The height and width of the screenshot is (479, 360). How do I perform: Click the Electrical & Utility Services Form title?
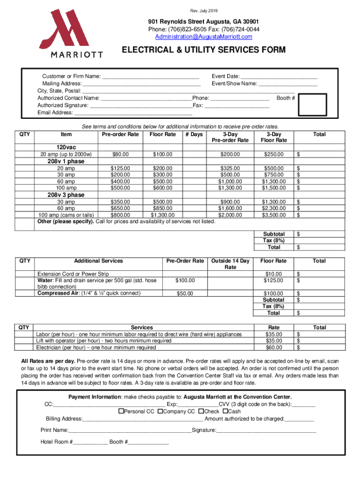pyautogui.click(x=203, y=50)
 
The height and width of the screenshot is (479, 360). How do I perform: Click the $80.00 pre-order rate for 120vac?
pyautogui.click(x=120, y=154)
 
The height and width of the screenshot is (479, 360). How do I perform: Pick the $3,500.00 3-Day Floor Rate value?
pyautogui.click(x=274, y=215)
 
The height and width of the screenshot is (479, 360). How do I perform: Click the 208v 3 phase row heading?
pyautogui.click(x=66, y=195)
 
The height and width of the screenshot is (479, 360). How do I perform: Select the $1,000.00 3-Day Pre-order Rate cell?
pyautogui.click(x=230, y=181)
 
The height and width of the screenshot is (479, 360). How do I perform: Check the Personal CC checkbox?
pyautogui.click(x=121, y=411)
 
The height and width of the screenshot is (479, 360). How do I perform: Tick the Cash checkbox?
pyautogui.click(x=225, y=411)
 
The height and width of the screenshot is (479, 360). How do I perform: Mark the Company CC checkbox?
pyautogui.click(x=160, y=411)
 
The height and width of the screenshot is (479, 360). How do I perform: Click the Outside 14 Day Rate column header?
pyautogui.click(x=230, y=264)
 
